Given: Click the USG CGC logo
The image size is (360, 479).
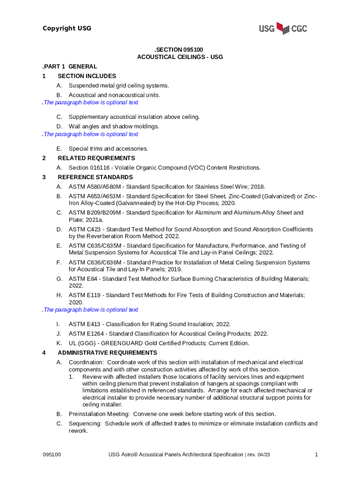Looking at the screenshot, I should pos(283,29).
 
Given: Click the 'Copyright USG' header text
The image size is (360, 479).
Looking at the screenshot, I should pos(67,29).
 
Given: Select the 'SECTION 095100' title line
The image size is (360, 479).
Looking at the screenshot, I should pos(180,49).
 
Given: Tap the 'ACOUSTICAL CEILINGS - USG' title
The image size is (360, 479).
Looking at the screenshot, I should pos(180,57).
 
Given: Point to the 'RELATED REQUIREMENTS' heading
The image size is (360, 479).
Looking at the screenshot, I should pos(96,158).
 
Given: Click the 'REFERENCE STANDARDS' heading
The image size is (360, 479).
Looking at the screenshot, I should pos(95,177).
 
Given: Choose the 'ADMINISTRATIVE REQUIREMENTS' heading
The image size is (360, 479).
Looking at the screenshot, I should pos(108,353).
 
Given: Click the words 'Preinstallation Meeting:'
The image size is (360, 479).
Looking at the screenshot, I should pos(100,414).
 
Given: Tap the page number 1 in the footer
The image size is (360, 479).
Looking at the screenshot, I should pos(317,455).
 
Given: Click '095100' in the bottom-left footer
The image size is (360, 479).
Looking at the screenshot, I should pos(52,455).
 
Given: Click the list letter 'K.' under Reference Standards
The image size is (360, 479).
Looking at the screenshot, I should pos(59,343).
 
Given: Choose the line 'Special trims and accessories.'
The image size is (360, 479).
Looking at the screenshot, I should pos(108,148).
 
